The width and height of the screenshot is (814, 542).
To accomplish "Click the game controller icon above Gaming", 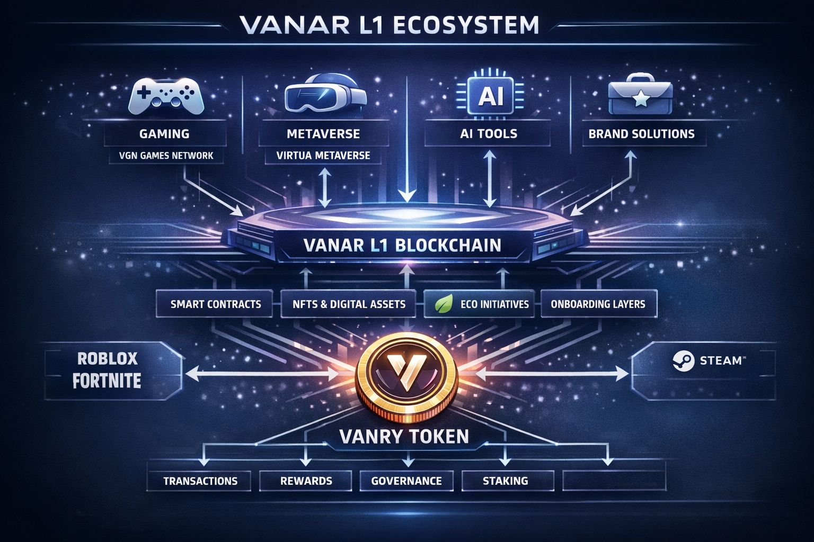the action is (165, 96).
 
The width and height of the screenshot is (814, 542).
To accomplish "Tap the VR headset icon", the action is (325, 95).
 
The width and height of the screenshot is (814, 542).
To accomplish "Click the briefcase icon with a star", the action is (641, 97).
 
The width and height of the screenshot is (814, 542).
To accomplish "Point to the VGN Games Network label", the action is (166, 156).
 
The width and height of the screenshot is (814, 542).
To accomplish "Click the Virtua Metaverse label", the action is (323, 156).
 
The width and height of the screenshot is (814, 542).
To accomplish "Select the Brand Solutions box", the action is (641, 133).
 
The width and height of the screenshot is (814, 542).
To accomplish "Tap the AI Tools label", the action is (488, 133).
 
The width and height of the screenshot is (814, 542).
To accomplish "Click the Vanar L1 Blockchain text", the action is (402, 245).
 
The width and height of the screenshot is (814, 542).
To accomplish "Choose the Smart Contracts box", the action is (216, 304).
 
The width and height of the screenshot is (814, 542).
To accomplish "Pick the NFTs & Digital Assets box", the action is (349, 304).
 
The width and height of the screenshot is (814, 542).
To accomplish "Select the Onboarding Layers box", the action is (598, 304).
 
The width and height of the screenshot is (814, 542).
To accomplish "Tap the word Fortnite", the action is (107, 381).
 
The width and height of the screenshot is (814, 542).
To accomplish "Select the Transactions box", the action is (200, 481).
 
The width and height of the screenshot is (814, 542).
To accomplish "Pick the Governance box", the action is (406, 481).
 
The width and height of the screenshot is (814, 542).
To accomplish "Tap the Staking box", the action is (505, 481).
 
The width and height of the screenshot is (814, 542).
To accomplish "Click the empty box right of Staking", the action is (613, 481).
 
